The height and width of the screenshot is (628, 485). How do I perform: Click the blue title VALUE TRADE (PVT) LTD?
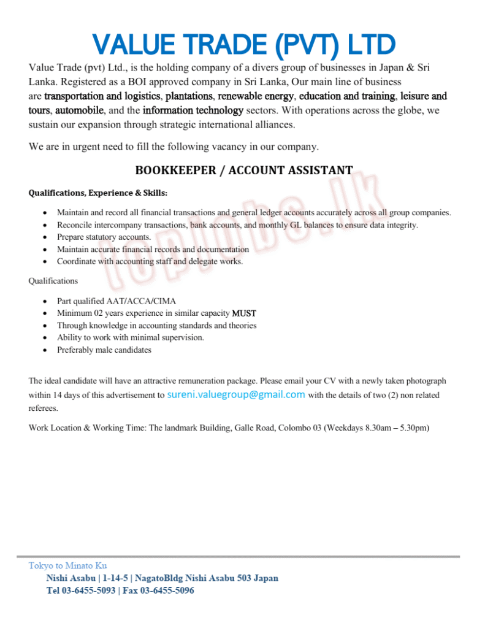click(x=243, y=44)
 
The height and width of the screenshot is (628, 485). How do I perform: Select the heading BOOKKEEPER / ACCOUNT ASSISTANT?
click(x=243, y=170)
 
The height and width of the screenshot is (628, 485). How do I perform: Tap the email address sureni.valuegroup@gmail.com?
click(x=236, y=394)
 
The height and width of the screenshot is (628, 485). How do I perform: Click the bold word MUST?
click(x=244, y=313)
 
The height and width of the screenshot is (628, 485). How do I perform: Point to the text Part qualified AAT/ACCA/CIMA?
click(x=116, y=301)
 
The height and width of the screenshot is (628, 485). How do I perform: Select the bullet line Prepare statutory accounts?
click(x=104, y=237)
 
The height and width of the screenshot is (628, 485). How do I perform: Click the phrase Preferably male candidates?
click(x=104, y=350)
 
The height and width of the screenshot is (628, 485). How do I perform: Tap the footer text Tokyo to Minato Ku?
click(x=67, y=565)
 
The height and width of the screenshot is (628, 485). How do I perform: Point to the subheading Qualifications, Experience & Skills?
click(x=98, y=193)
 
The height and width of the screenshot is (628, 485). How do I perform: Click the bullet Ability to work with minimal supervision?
click(x=131, y=337)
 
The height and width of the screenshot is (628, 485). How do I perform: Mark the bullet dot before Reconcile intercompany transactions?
click(x=47, y=225)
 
